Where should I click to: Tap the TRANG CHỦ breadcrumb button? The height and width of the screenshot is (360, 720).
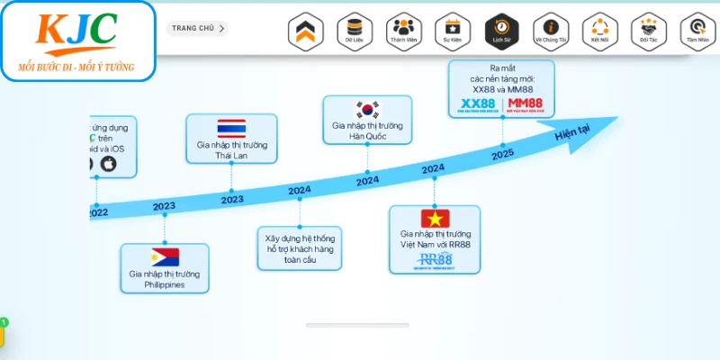coord(197,28)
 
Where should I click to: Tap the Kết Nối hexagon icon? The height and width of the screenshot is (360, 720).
coord(599,30)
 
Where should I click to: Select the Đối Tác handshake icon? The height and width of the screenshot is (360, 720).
coord(648,30)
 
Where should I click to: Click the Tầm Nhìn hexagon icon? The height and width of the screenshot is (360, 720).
coord(697,30)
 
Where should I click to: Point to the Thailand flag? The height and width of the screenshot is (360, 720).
coord(231,128)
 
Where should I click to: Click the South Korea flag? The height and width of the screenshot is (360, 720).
coord(367,110)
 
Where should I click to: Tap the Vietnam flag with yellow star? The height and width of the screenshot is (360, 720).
coord(434,218)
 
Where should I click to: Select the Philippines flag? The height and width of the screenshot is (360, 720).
coord(165,256)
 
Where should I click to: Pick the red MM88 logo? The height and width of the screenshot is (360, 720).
coord(526,105)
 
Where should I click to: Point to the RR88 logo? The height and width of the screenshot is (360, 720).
coord(435,260)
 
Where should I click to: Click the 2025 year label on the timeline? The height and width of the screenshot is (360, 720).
coord(502,155)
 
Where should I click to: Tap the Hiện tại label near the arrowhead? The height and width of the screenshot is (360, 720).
coord(571,133)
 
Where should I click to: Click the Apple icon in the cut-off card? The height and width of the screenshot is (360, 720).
coord(109,164)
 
